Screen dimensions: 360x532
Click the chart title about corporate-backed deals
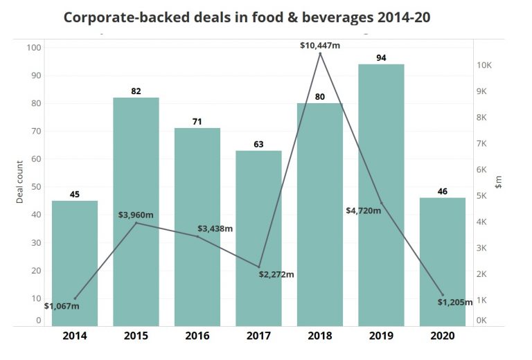247,17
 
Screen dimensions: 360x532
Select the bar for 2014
75,263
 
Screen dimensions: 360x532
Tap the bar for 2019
381,194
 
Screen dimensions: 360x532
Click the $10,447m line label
320,46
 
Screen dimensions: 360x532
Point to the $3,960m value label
136,215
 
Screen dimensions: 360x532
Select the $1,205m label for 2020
458,302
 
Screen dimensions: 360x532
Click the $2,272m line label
277,274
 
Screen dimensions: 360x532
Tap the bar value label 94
381,58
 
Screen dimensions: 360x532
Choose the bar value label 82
136,91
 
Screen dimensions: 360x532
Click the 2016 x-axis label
197,336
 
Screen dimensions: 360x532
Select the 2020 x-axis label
443,336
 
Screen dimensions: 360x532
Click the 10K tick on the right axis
484,66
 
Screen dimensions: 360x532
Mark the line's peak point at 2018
320,54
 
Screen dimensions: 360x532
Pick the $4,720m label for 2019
364,210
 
